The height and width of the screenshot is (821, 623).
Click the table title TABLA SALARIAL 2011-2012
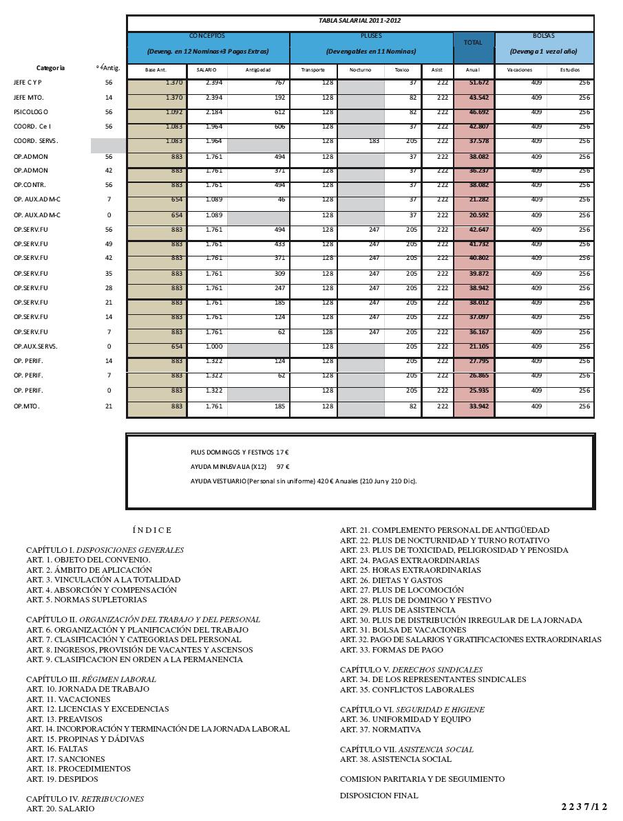tap(359, 21)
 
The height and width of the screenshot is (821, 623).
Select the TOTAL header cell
tap(473, 43)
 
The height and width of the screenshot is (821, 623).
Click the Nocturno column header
tap(360, 70)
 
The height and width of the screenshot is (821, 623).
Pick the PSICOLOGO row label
tap(31, 112)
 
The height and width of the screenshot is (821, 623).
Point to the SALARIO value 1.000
tap(207, 347)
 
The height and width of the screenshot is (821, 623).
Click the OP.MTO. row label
tap(27, 406)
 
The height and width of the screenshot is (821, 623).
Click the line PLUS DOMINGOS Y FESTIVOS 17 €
tap(240, 452)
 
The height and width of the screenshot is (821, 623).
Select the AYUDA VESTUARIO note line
tap(304, 481)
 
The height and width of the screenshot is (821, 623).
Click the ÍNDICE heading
tap(152, 530)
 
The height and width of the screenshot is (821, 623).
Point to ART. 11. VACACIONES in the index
tap(68, 699)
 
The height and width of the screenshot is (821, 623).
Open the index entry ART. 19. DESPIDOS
tap(62, 779)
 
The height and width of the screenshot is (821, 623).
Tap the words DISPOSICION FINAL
tap(379, 796)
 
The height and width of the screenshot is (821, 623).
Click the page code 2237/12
tap(584, 807)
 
